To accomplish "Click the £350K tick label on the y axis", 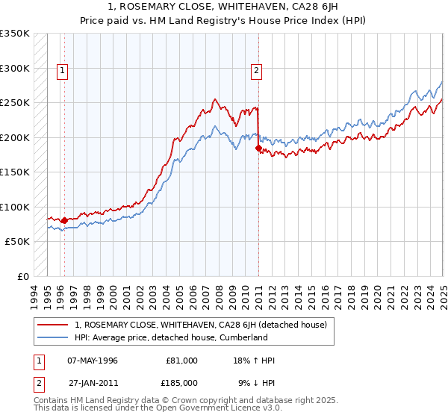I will pyautogui.click(x=15, y=34).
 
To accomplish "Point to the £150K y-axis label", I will pyautogui.click(x=15, y=172).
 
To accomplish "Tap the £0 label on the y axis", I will pyautogui.click(x=23, y=276).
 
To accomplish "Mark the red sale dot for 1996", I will pyautogui.click(x=64, y=220).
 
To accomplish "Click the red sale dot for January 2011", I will pyautogui.click(x=258, y=149).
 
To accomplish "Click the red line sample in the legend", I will pyautogui.click(x=55, y=325).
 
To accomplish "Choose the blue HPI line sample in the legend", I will pyautogui.click(x=55, y=337).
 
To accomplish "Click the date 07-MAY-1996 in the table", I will pyautogui.click(x=93, y=361).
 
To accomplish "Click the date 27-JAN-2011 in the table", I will pyautogui.click(x=93, y=382).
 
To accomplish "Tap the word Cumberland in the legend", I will pyautogui.click(x=243, y=337).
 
